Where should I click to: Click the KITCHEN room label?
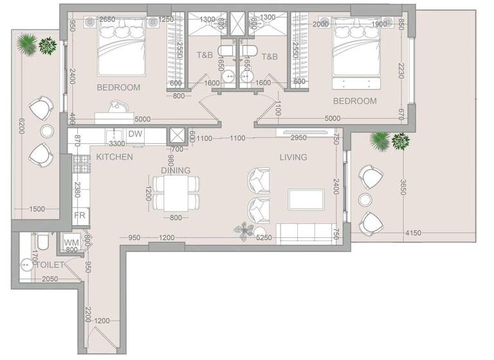tap(114, 157)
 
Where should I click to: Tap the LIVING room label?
tap(293, 157)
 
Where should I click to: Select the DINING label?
tap(176, 171)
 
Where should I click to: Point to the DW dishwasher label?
tap(135, 134)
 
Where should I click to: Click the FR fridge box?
tap(80, 215)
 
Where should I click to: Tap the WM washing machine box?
tap(71, 242)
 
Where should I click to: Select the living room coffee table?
tap(306, 199)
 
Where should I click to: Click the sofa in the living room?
tap(303, 231)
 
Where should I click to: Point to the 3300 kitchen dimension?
tap(116, 144)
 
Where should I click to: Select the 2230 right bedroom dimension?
tap(401, 70)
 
